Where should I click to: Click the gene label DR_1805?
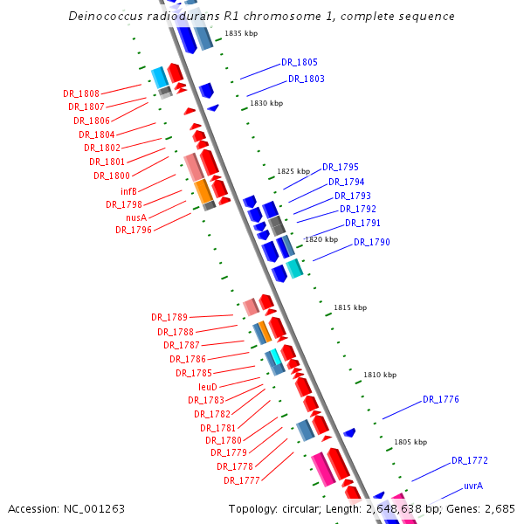pyautogui.click(x=300, y=63)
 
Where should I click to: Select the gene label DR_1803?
pyautogui.click(x=307, y=79)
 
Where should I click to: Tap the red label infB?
pyautogui.click(x=128, y=191)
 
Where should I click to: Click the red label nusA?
pyautogui.click(x=135, y=217)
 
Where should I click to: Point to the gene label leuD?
pyautogui.click(x=207, y=386)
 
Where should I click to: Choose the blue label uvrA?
pyautogui.click(x=473, y=486)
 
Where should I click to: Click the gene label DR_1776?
pyautogui.click(x=441, y=399)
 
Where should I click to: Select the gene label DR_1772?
pyautogui.click(x=470, y=460)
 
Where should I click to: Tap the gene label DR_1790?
pyautogui.click(x=372, y=242)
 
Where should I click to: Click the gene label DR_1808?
pyautogui.click(x=81, y=93)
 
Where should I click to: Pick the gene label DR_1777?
pyautogui.click(x=242, y=480)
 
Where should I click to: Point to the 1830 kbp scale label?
pyautogui.click(x=266, y=103)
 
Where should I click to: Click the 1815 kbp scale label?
pyautogui.click(x=350, y=307)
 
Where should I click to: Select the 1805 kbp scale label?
pyautogui.click(x=410, y=442)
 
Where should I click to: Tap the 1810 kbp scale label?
pyautogui.click(x=380, y=375)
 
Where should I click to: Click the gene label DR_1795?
pyautogui.click(x=341, y=167)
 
